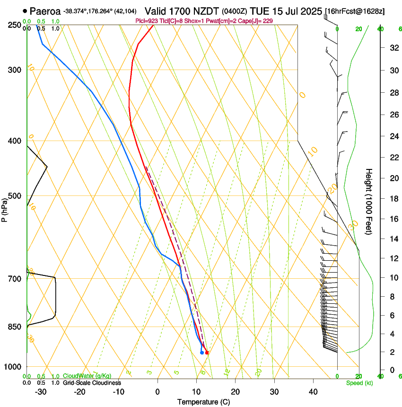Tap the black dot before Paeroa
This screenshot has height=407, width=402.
tap(25, 11)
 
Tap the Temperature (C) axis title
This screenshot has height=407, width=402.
tap(204, 402)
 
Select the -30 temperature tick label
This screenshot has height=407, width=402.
tap(41, 392)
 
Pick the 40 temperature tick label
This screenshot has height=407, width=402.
tap(313, 392)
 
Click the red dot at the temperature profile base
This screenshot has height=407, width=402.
tap(207, 353)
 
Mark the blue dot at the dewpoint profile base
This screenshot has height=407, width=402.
tap(202, 353)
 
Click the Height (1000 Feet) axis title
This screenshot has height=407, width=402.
tap(369, 201)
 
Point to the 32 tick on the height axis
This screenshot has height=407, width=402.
tap(393, 48)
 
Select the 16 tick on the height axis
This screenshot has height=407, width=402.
tap(393, 219)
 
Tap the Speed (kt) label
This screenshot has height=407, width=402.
tap(359, 383)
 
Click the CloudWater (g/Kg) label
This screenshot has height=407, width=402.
tap(87, 376)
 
